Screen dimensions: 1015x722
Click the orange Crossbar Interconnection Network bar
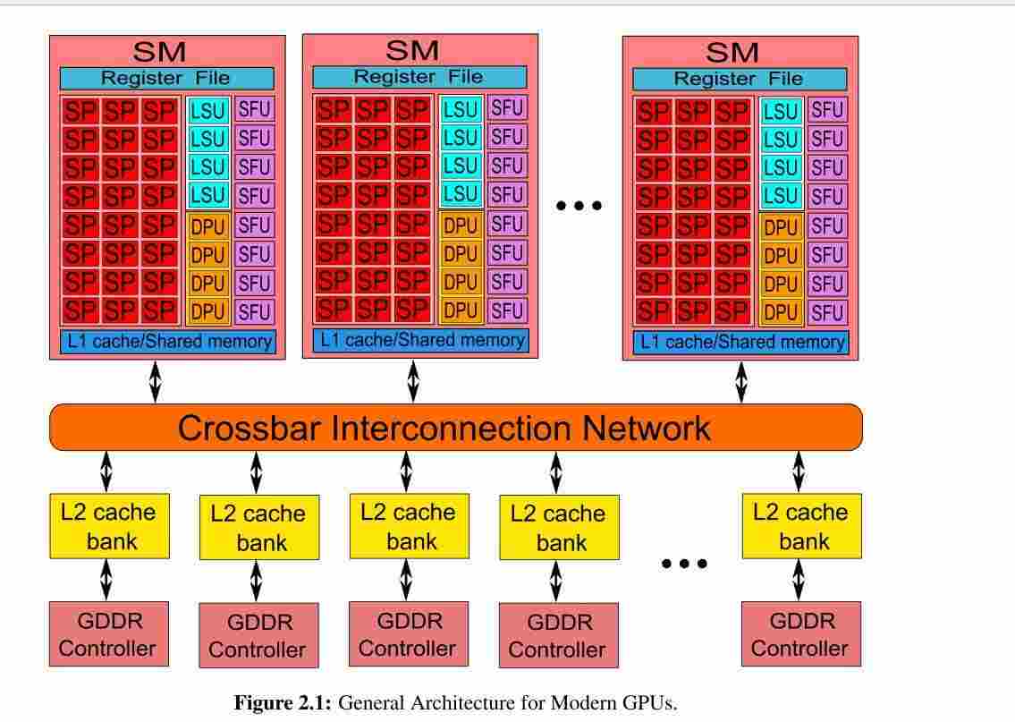456,428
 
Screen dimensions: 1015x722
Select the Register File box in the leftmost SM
167,79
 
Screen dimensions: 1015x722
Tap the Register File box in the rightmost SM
740,79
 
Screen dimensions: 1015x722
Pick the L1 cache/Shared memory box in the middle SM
421,341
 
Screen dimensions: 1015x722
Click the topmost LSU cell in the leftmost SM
207,111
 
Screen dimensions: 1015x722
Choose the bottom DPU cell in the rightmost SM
781,313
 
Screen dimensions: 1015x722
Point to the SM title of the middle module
412,50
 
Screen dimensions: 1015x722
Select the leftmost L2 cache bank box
109,526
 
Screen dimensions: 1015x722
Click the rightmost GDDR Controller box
801,634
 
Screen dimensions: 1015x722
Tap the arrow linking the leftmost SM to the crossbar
156,382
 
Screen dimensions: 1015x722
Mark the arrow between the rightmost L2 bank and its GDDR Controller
799,580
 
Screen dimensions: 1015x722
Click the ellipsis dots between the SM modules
579,206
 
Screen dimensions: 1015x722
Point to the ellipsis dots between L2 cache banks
684,564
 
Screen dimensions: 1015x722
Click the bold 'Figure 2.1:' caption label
283,702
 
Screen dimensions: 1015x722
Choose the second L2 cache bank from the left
259,527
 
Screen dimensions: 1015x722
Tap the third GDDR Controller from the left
409,634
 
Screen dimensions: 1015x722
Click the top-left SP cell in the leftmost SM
80,111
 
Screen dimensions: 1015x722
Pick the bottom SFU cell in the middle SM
507,310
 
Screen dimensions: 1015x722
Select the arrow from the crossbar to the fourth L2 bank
556,472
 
